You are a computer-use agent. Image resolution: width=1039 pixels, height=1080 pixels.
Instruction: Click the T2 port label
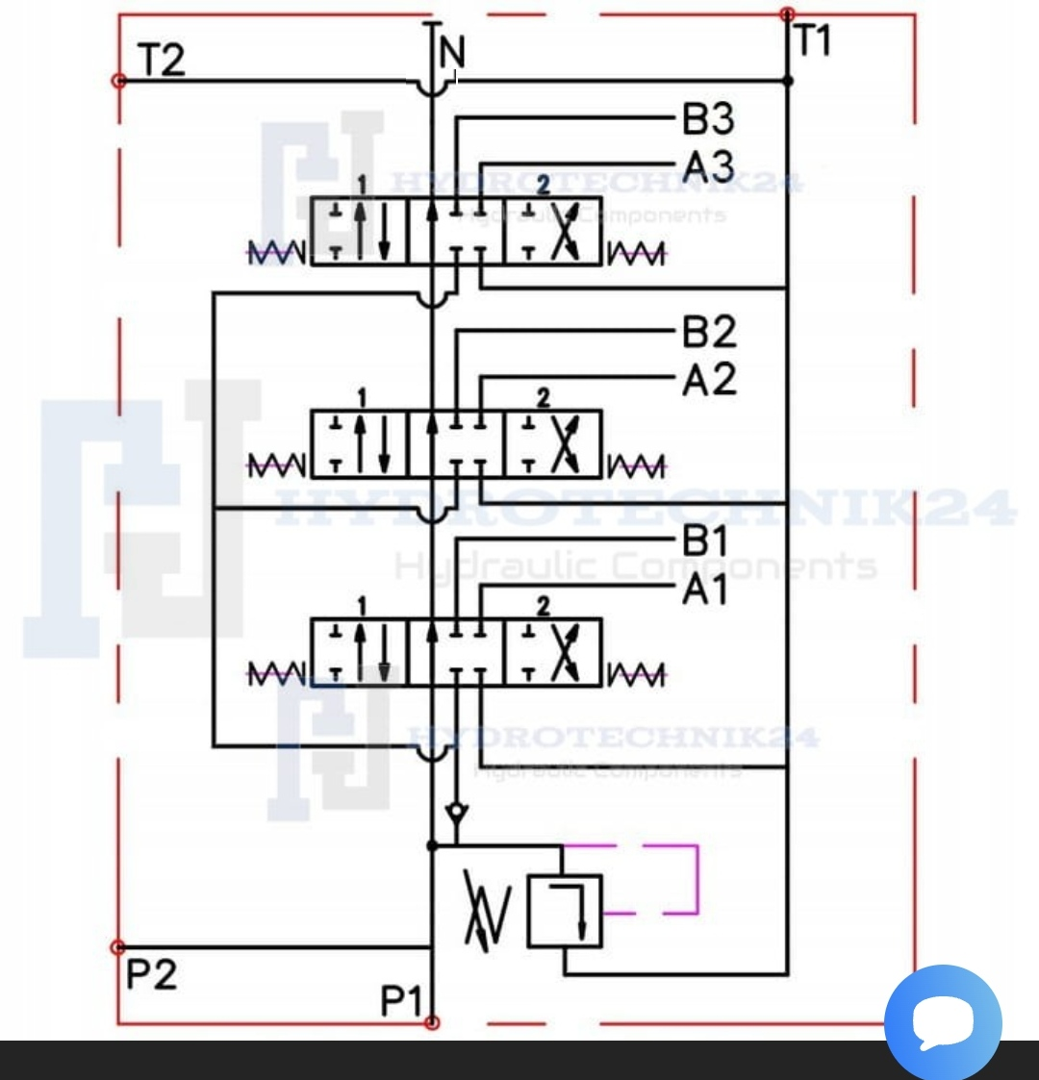pyautogui.click(x=161, y=61)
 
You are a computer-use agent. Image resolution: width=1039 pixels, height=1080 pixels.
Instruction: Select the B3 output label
pyautogui.click(x=708, y=119)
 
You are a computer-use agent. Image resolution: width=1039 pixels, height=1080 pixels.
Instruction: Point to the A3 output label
pyautogui.click(x=708, y=166)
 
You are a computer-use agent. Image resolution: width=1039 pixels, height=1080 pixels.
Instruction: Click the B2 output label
pyautogui.click(x=709, y=332)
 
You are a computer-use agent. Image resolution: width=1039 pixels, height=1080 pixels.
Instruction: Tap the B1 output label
pyautogui.click(x=705, y=541)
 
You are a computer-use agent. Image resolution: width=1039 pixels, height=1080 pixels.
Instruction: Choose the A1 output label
pyautogui.click(x=705, y=590)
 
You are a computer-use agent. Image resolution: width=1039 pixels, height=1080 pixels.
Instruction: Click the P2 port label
pyautogui.click(x=151, y=974)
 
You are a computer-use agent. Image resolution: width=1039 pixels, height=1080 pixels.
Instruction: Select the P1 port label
pyautogui.click(x=401, y=1002)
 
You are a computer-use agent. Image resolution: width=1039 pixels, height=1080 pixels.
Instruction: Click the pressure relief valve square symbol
pyautogui.click(x=564, y=911)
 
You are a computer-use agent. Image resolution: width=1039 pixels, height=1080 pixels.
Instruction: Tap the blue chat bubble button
pyautogui.click(x=943, y=1021)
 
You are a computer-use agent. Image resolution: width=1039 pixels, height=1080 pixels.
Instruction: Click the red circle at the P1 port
pyautogui.click(x=432, y=1022)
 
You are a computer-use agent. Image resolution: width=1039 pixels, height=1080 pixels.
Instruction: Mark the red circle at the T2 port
pyautogui.click(x=118, y=81)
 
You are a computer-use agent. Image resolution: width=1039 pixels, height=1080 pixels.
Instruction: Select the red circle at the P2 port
pyautogui.click(x=118, y=947)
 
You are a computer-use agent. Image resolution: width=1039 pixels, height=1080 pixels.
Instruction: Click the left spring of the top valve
pyautogui.click(x=276, y=254)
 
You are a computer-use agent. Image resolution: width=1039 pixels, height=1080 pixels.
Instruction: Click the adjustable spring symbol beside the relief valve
pyautogui.click(x=486, y=909)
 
